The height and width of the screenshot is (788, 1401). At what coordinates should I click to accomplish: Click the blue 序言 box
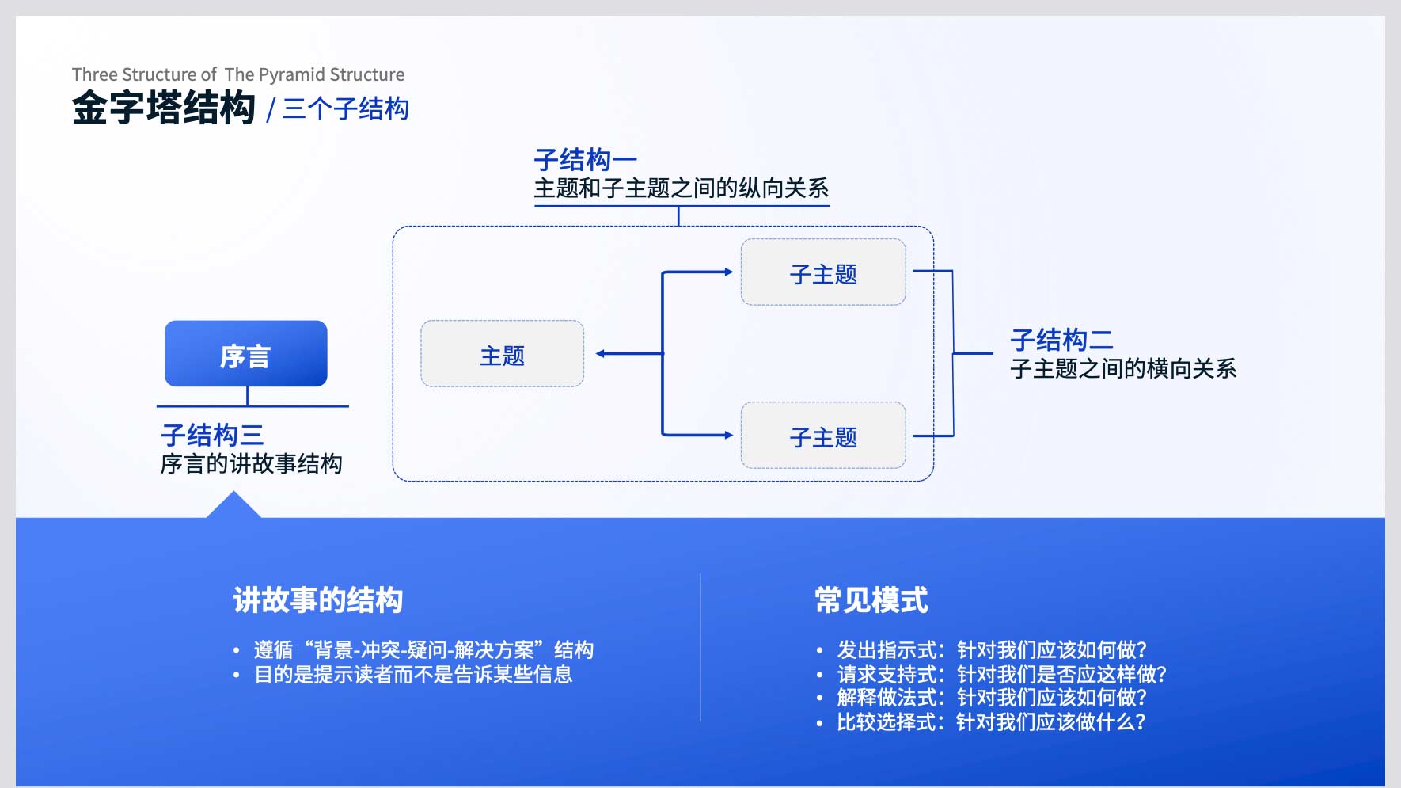tap(245, 353)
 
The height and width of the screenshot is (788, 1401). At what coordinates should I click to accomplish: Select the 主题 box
tap(503, 353)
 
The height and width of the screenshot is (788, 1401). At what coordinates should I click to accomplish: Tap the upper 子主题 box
tap(823, 272)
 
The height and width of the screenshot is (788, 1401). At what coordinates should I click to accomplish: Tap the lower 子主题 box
tap(823, 435)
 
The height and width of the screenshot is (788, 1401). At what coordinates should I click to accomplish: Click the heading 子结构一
tap(586, 160)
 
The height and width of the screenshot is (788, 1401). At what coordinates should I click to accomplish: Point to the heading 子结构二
tap(1061, 340)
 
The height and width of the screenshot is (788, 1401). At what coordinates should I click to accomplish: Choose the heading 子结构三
tap(212, 435)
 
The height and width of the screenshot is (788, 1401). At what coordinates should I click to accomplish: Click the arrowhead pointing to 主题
tap(601, 353)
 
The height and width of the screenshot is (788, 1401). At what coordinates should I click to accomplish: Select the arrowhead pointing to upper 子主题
tap(728, 272)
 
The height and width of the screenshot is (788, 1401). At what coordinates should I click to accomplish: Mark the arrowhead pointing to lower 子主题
tap(728, 435)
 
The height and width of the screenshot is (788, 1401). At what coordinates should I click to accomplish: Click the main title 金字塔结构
tap(164, 108)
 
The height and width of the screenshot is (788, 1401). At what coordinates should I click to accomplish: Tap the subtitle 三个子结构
tap(346, 108)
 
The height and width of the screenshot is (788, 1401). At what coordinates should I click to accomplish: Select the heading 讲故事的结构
tap(318, 600)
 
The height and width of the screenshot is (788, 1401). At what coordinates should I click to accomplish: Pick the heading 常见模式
tap(871, 600)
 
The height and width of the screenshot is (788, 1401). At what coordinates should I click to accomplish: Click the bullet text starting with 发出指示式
tap(992, 650)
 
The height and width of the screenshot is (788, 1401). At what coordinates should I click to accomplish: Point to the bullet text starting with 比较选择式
tap(991, 722)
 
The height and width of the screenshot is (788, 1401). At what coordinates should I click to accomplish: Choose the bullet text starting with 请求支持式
tap(1002, 675)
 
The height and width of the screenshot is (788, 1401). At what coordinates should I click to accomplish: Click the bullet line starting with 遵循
tap(423, 650)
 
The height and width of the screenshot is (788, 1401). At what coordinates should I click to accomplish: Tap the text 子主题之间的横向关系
tap(1123, 368)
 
